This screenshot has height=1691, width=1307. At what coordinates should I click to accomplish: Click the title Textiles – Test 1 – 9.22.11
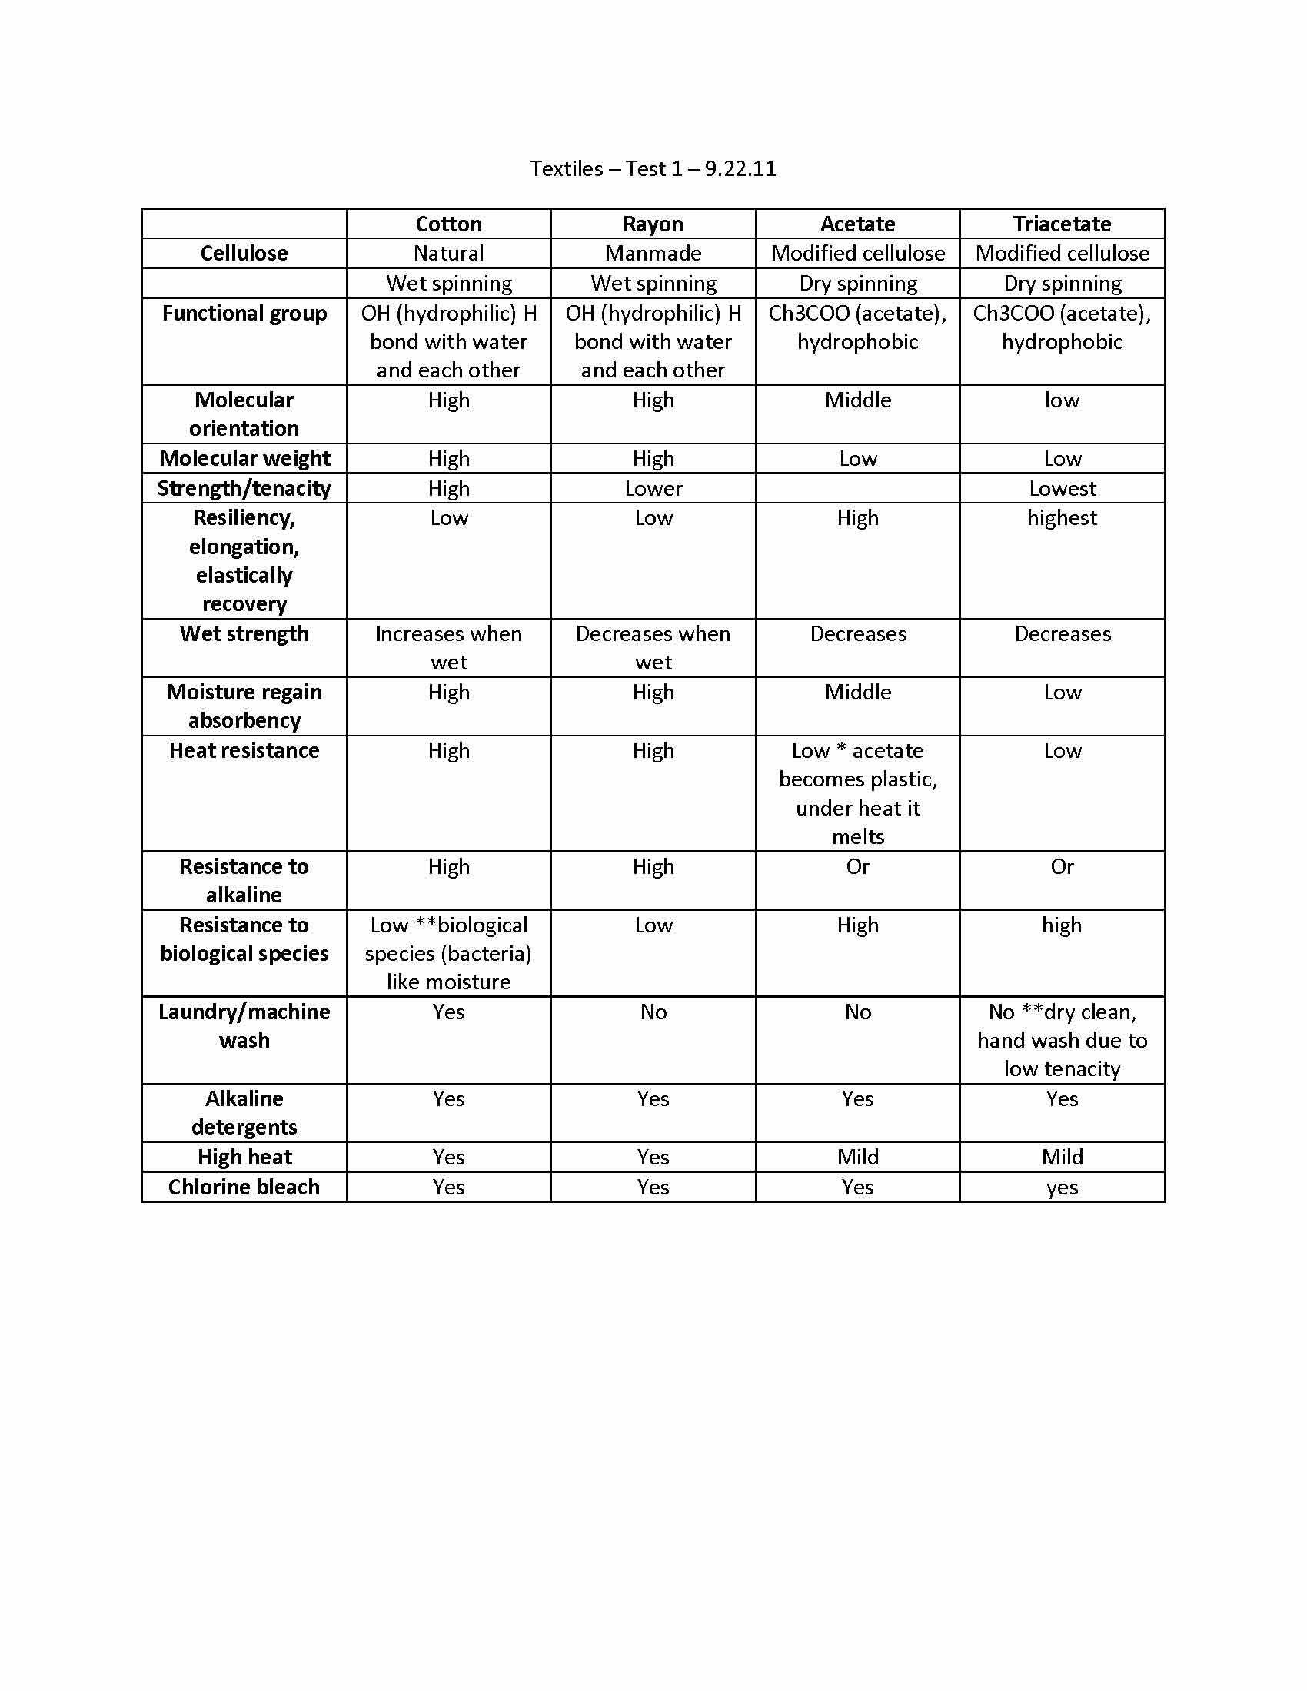[653, 169]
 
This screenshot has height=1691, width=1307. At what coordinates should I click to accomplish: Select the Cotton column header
[448, 224]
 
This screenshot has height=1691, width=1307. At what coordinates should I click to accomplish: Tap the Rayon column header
[653, 224]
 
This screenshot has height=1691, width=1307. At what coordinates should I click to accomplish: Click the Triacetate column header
[1062, 224]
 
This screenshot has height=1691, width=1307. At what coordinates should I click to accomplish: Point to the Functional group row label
[244, 314]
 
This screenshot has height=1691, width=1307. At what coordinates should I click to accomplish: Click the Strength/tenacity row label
[244, 489]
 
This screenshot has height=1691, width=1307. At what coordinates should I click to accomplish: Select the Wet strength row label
[244, 634]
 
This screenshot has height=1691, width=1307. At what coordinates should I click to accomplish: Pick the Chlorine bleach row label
[244, 1187]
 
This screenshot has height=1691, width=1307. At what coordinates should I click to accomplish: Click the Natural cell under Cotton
[448, 253]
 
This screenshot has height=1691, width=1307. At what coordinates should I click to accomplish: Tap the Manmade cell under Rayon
[653, 253]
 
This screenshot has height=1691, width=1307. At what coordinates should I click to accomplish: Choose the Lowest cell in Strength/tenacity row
[1062, 489]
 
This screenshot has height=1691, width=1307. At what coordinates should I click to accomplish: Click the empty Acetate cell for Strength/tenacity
[857, 489]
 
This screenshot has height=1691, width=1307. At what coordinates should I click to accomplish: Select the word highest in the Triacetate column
[1062, 518]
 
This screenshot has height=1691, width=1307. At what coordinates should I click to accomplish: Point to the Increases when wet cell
[448, 648]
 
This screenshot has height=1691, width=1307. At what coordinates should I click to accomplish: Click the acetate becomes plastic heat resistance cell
[857, 793]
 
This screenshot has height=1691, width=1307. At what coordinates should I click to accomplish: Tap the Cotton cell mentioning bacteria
[448, 953]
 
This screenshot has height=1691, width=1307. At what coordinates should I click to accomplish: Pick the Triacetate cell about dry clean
[1062, 1040]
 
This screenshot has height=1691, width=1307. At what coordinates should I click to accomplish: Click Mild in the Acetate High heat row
[857, 1157]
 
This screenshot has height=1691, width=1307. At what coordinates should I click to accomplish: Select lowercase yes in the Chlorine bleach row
[1062, 1188]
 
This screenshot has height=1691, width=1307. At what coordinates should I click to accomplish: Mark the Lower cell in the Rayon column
[653, 489]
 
